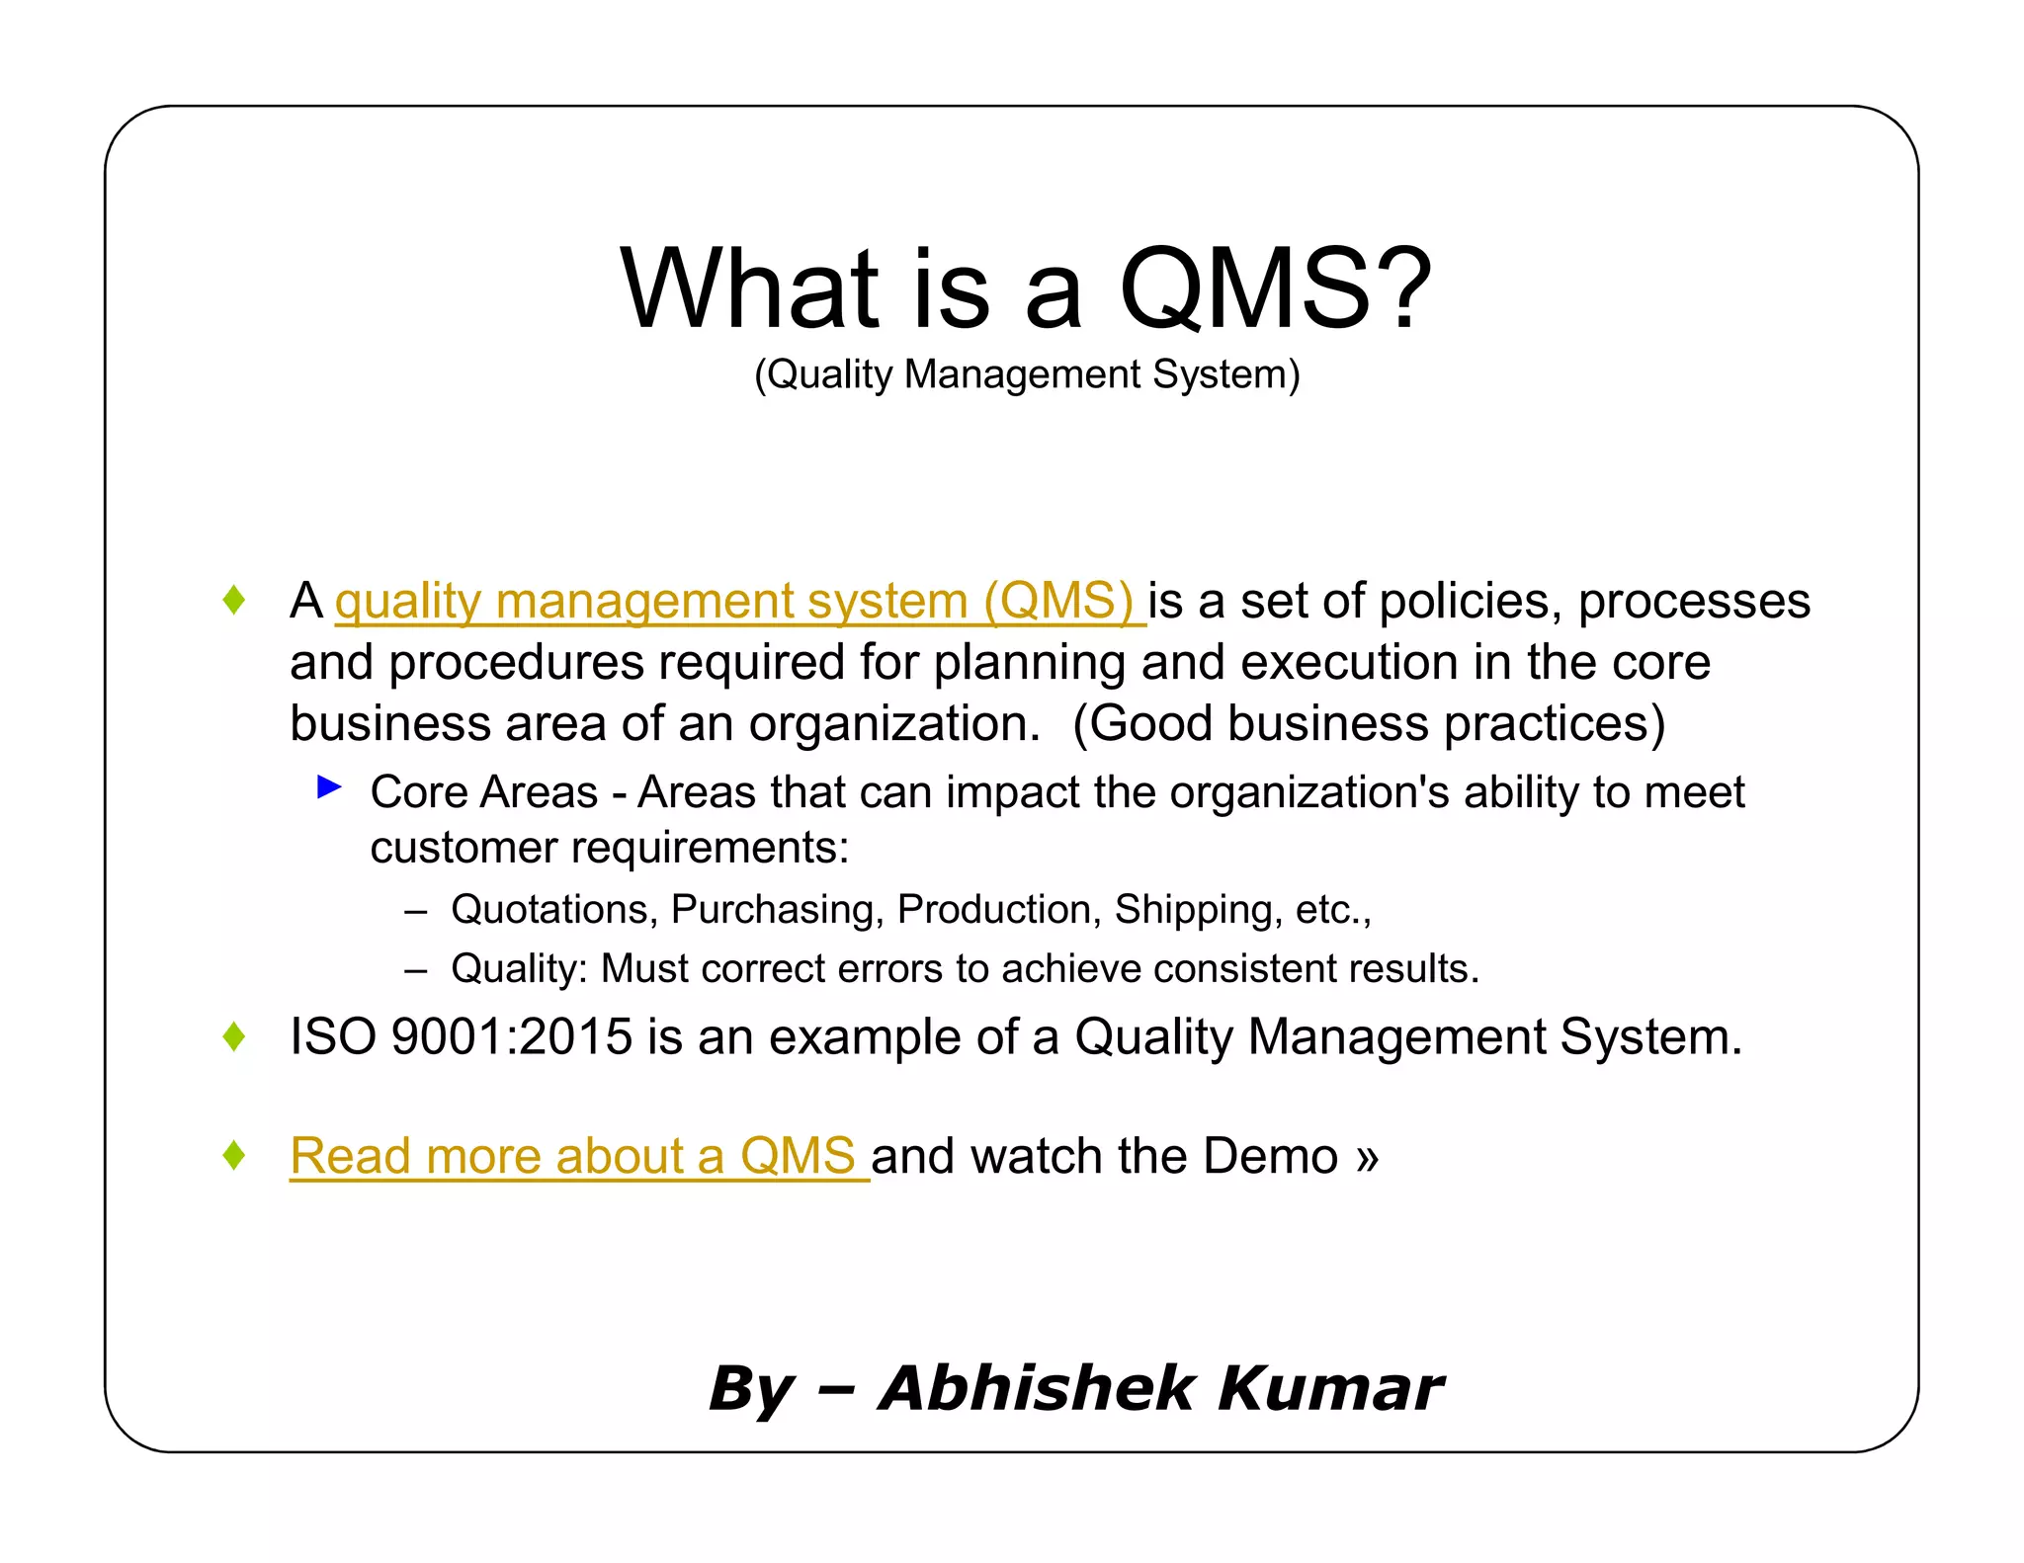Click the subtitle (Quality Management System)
[1027, 374]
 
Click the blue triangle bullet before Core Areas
[329, 787]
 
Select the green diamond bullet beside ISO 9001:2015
[234, 1036]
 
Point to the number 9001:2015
[511, 1036]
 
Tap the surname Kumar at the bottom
[1330, 1387]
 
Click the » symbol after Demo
[1367, 1157]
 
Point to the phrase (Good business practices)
[1369, 723]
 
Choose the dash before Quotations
[416, 910]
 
